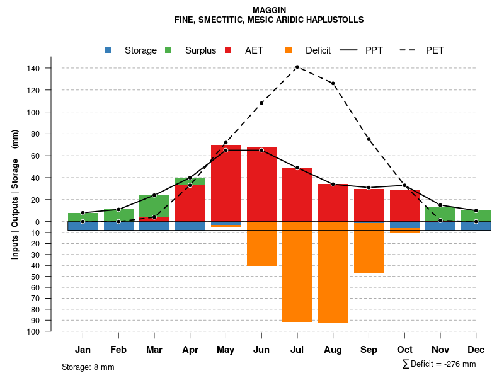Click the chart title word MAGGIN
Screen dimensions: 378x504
tap(269, 10)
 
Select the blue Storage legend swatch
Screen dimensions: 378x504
tap(108, 50)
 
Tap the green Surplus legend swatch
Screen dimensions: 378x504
tap(168, 50)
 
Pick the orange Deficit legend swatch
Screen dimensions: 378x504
tap(289, 50)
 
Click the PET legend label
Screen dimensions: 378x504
tap(435, 50)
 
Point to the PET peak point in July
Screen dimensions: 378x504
tap(297, 67)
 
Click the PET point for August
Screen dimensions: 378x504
tap(333, 83)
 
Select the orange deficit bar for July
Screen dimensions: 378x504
tap(297, 272)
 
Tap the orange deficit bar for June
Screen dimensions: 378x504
tap(261, 244)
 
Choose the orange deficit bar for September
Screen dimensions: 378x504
tap(369, 247)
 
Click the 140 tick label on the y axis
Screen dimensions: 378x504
tap(33, 68)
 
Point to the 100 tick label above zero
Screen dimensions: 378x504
tap(33, 112)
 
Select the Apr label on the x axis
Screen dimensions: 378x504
tap(190, 350)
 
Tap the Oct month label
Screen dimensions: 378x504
tap(404, 350)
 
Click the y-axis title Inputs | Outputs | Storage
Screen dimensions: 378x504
tap(15, 195)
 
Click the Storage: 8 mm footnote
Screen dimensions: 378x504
tap(88, 367)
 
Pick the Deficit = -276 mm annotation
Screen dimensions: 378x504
tap(439, 364)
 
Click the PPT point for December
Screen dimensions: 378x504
tap(476, 210)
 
